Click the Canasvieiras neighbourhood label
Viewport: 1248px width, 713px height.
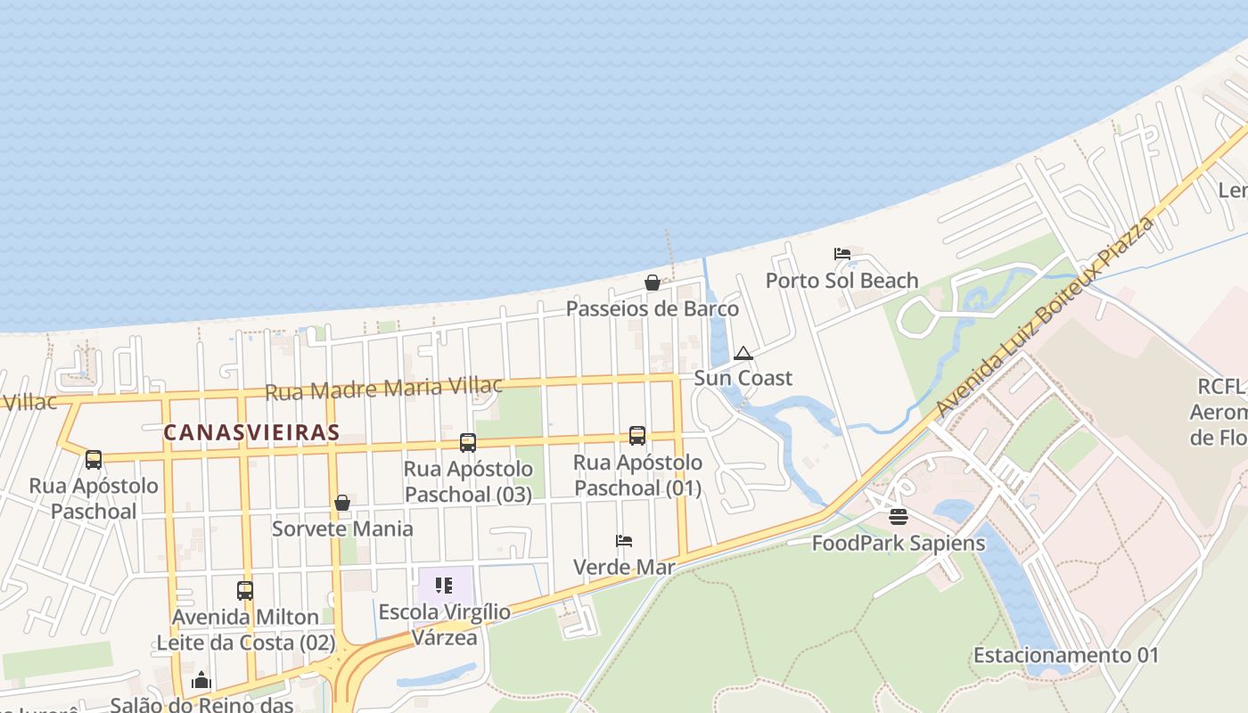(x=251, y=433)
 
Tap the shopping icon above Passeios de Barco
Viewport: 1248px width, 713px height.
(x=653, y=283)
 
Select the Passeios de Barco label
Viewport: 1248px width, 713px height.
(x=653, y=308)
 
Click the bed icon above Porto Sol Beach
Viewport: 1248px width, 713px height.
(x=842, y=254)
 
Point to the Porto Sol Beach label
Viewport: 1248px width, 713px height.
(x=842, y=281)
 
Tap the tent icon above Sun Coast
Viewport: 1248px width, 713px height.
(x=743, y=354)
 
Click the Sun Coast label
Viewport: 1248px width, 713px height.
(x=743, y=378)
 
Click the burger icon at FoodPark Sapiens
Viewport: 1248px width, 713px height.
(x=899, y=517)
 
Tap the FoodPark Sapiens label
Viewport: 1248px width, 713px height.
(x=899, y=543)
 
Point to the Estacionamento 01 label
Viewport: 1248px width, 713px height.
(x=1066, y=656)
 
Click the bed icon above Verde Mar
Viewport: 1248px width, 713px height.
(x=624, y=541)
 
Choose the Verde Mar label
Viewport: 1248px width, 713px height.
(x=624, y=567)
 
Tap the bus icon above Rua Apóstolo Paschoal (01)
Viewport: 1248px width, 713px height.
(x=637, y=436)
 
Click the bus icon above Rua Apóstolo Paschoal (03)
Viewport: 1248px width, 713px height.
(x=468, y=442)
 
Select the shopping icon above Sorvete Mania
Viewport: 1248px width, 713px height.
(x=342, y=504)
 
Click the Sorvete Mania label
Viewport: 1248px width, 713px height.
(x=342, y=529)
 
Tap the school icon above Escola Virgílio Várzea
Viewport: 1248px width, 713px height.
(x=444, y=586)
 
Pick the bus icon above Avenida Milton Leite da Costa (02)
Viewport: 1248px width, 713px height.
(x=245, y=590)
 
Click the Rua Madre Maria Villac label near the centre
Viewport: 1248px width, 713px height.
(x=384, y=389)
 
